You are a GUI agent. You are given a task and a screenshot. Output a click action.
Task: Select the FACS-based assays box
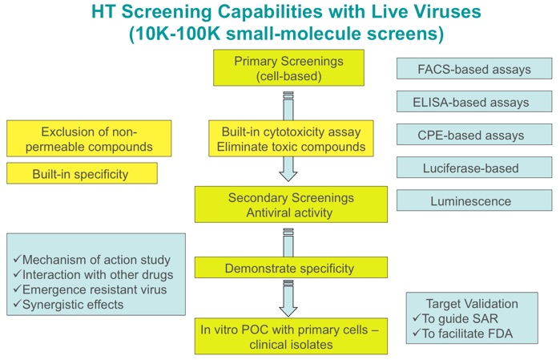pos(474,69)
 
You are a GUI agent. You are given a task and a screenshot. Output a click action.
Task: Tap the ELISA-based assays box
pos(474,102)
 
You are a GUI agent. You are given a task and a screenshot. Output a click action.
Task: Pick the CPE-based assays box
pos(474,135)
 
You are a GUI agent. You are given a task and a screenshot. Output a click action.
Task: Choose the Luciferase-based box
pos(474,168)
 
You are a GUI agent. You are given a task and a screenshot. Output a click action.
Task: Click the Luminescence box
pos(474,200)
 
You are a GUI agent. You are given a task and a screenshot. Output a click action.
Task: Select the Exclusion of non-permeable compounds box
pos(89,139)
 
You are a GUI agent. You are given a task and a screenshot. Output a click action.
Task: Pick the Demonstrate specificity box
pos(291,267)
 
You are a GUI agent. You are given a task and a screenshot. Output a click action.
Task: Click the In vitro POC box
pos(291,335)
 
